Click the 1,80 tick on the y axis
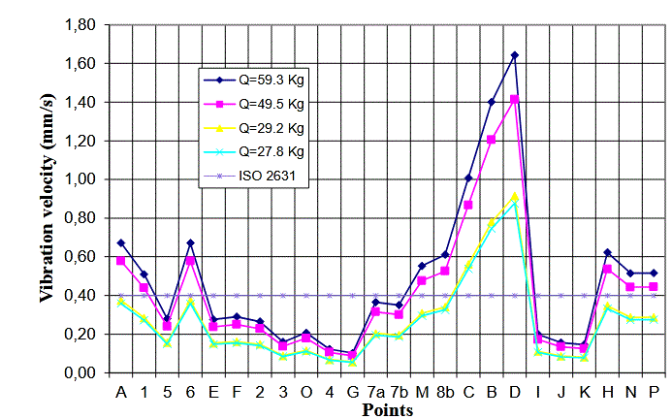click(x=82, y=24)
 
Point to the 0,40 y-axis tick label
click(x=82, y=295)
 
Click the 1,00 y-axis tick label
click(x=82, y=179)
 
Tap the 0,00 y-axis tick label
click(x=82, y=372)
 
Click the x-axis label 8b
click(x=445, y=392)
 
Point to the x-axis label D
click(x=515, y=392)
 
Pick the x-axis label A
click(x=121, y=392)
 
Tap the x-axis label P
click(x=654, y=392)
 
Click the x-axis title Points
click(x=388, y=410)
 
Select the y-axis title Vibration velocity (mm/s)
click(x=46, y=199)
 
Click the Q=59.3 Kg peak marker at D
click(x=515, y=55)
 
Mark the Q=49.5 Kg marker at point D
click(x=515, y=99)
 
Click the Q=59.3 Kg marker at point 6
click(x=190, y=242)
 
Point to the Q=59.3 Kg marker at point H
click(x=607, y=252)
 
